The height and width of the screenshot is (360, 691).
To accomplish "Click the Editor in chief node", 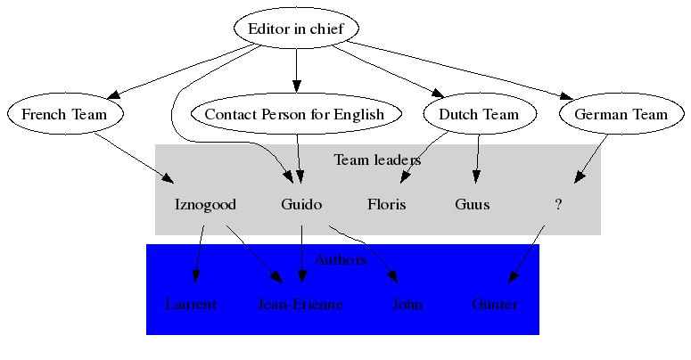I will (296, 29).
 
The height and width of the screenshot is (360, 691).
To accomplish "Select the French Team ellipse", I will (64, 114).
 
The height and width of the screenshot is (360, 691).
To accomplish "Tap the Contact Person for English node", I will (294, 114).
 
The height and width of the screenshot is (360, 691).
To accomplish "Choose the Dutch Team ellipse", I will (479, 114).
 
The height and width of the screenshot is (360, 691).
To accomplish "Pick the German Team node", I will (621, 114).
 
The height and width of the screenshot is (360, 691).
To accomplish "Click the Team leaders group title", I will (377, 160).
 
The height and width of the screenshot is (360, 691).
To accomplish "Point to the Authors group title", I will (341, 260).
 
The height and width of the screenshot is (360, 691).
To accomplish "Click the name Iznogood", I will (205, 204).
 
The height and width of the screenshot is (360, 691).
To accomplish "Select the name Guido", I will (301, 204).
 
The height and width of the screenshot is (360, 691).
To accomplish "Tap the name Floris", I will (386, 204).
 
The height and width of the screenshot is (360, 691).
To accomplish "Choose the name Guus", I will (472, 204).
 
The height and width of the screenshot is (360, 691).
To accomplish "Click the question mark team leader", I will (558, 204).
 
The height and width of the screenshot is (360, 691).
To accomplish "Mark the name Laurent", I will (191, 305).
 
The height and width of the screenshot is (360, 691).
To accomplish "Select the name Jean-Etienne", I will (300, 305).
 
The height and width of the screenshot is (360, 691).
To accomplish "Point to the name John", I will (407, 305).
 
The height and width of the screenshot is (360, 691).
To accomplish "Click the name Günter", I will (495, 305).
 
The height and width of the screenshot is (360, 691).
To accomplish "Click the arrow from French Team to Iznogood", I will (134, 159).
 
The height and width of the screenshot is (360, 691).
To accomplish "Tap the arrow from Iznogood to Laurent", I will (199, 253).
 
